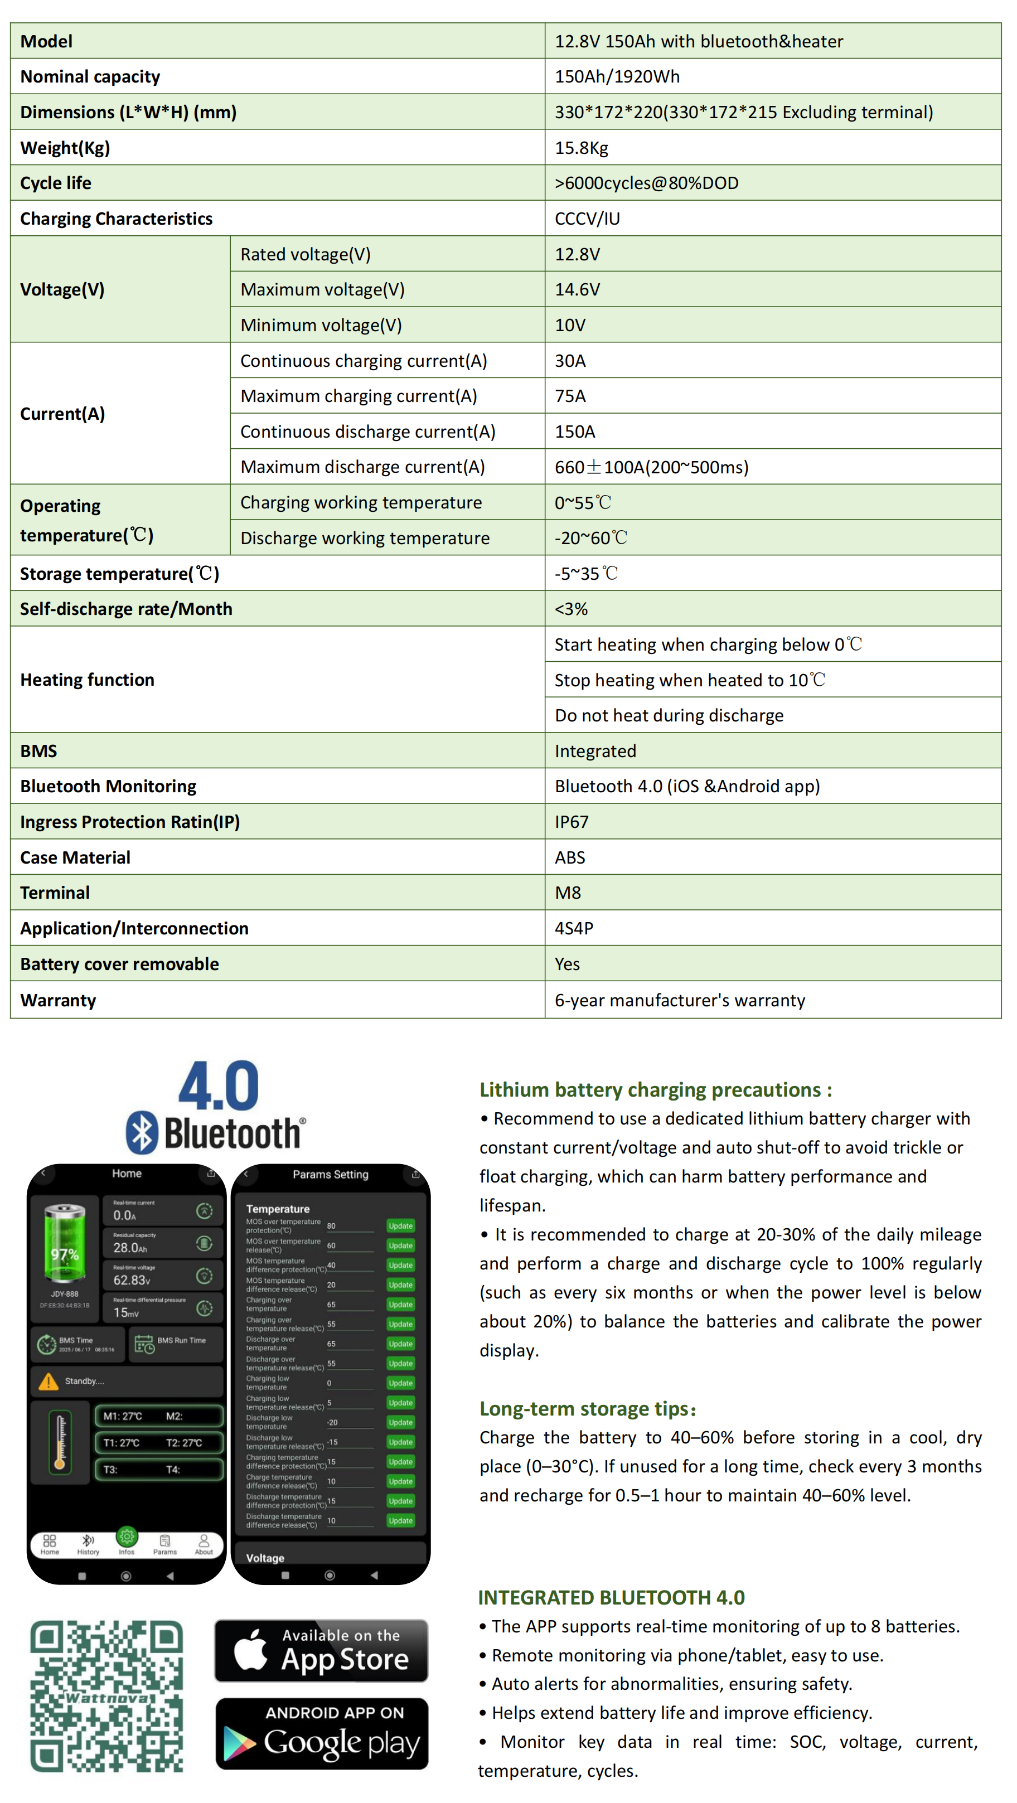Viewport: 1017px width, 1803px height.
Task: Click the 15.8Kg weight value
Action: tap(581, 148)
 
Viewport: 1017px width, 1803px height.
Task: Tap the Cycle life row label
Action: tap(56, 183)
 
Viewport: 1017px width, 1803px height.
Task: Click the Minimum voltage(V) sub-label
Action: tap(321, 325)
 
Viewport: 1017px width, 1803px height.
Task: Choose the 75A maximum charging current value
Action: tap(570, 396)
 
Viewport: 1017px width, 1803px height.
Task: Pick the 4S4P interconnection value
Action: tap(574, 928)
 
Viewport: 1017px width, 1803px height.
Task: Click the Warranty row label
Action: tap(58, 1000)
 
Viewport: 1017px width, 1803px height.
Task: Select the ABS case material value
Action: tap(570, 857)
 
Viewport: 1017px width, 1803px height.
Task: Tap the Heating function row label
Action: tap(88, 680)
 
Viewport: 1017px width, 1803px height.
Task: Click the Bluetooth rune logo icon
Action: tap(142, 1132)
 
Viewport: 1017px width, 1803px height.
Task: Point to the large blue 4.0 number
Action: tap(219, 1086)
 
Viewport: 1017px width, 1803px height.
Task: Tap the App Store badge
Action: tap(321, 1650)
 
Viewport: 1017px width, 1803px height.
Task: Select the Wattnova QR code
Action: tap(106, 1696)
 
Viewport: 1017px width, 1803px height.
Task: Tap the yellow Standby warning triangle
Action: tap(49, 1381)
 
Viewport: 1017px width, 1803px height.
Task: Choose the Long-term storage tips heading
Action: tap(587, 1408)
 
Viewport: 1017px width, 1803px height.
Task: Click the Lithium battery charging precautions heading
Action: tap(655, 1090)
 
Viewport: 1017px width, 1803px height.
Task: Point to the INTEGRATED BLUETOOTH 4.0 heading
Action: tap(611, 1597)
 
